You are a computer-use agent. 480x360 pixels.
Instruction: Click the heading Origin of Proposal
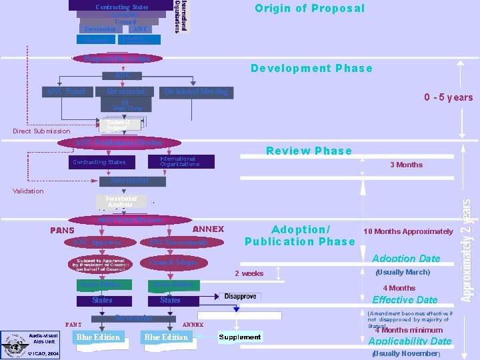point(310,9)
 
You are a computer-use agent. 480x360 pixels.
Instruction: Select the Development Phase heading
point(311,68)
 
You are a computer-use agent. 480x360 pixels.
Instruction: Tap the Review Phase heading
point(309,151)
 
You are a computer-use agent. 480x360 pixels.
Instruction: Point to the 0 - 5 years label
point(448,98)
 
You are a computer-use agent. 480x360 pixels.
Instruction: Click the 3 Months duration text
point(406,165)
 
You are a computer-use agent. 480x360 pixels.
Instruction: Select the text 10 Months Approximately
point(408,231)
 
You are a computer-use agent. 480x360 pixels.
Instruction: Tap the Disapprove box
point(240,296)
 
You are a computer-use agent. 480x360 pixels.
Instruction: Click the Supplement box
point(240,337)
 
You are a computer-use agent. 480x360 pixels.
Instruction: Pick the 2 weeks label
point(249,273)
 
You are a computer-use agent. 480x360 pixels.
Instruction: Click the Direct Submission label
point(41,131)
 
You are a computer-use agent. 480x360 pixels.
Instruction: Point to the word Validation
point(28,191)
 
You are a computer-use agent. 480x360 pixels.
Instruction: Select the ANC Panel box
point(65,91)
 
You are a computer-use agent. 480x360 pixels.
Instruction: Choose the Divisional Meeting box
point(196,91)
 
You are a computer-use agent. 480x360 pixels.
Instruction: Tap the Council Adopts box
point(173,263)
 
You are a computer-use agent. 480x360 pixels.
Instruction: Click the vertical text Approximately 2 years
point(467,249)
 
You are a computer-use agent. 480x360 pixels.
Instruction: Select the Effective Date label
point(405,300)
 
